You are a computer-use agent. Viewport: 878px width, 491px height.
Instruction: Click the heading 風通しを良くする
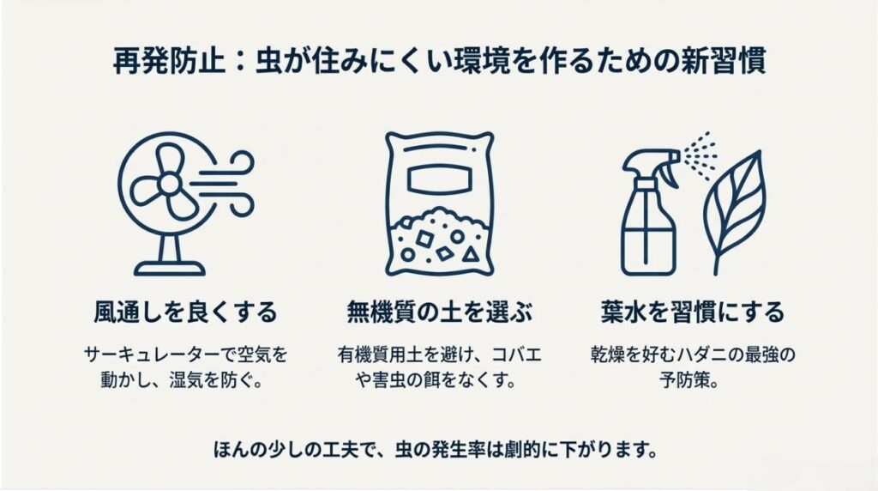(x=185, y=312)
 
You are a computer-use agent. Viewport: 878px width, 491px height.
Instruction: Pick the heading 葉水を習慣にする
(x=693, y=312)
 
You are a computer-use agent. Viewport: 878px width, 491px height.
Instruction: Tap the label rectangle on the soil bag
(x=440, y=177)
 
